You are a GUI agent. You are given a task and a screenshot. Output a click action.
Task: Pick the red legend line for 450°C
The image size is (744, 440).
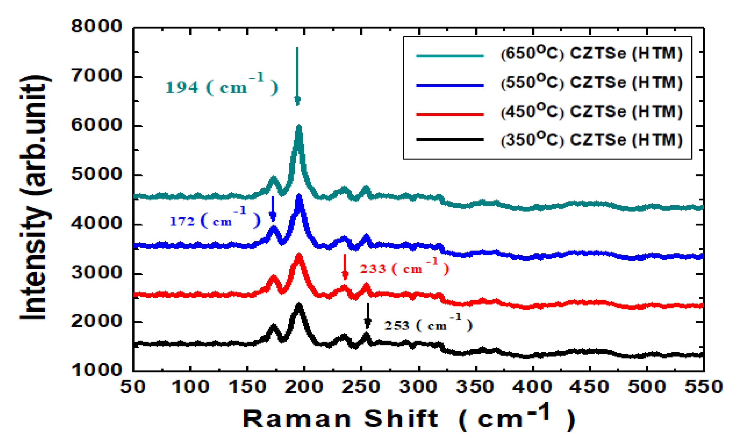coord(450,114)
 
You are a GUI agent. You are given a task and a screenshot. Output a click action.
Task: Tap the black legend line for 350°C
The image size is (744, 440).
coord(450,139)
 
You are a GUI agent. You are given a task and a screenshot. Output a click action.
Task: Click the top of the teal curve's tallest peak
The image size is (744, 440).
coord(299,127)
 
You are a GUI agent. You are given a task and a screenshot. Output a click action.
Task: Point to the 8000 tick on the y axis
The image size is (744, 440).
coord(97,27)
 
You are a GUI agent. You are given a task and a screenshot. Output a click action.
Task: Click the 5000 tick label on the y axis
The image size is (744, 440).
coord(97,174)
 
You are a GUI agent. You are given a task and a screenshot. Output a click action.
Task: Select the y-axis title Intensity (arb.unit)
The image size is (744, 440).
coord(35,197)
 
